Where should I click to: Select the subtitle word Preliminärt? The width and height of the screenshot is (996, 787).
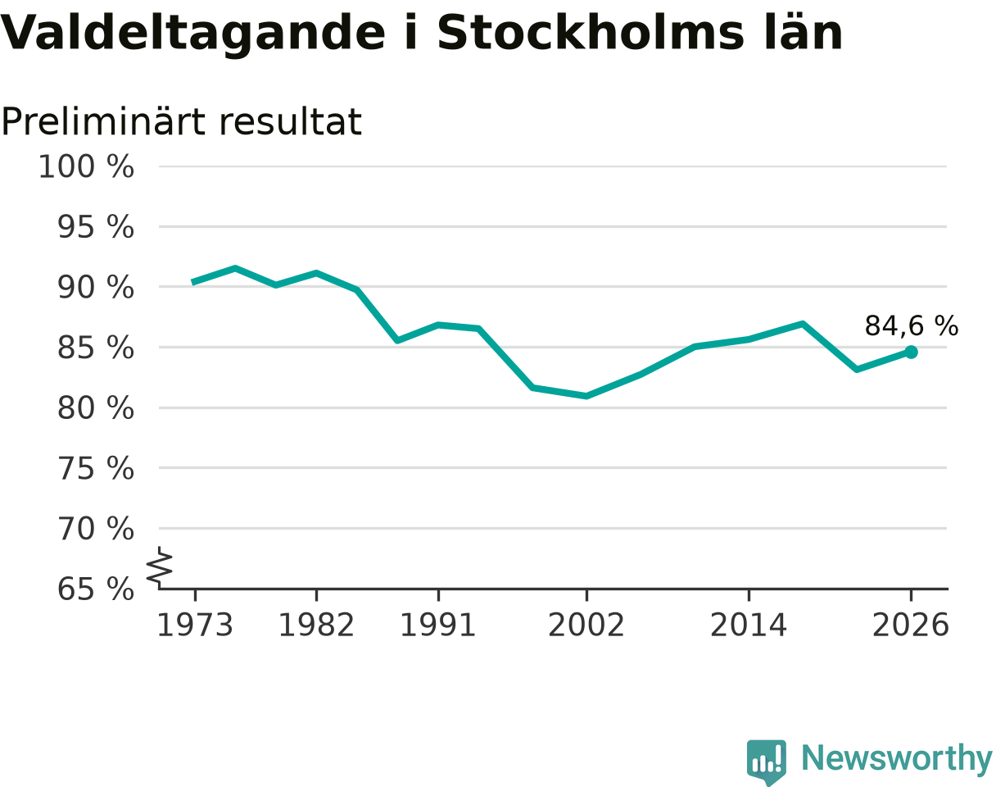[x=102, y=122]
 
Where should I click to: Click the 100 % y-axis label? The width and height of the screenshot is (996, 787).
[x=86, y=166]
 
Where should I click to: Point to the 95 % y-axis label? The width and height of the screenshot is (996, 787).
[x=95, y=227]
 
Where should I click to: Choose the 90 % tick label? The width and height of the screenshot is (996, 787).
[x=95, y=288]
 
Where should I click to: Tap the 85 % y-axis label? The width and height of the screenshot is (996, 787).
[x=95, y=348]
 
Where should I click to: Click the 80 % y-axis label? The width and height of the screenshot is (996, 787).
[x=95, y=408]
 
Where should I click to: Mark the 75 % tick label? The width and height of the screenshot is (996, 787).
[x=95, y=469]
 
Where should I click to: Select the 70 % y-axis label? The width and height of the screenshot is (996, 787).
[x=95, y=529]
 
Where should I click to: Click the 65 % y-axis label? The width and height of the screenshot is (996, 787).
[x=95, y=589]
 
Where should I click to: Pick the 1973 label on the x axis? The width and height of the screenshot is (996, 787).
[x=195, y=626]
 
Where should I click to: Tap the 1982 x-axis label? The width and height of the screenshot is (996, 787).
[x=316, y=626]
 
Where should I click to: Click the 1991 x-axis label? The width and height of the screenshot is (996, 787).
[x=438, y=626]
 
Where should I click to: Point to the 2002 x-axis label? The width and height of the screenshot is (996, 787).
[x=586, y=626]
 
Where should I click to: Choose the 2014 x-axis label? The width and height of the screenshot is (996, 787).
[x=749, y=626]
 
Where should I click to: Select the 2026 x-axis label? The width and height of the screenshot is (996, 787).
[x=910, y=626]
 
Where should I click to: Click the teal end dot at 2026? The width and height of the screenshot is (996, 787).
[x=911, y=353]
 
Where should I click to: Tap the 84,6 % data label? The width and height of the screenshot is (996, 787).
[x=912, y=326]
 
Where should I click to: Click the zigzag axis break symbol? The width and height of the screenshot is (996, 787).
[x=160, y=567]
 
